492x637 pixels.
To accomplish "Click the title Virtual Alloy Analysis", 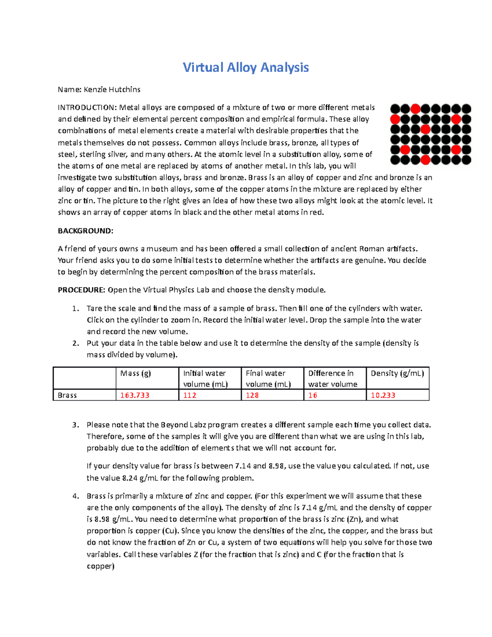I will click(246, 67).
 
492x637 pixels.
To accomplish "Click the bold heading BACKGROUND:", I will click(85, 231).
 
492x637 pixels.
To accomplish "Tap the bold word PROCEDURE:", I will click(82, 290).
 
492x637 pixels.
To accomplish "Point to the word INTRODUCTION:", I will click(87, 107).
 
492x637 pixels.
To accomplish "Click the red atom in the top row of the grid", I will click(415, 109).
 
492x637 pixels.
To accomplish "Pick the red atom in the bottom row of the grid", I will click(426, 160).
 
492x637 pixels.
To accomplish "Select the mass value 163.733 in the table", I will click(134, 395).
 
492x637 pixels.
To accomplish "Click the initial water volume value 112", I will click(190, 395).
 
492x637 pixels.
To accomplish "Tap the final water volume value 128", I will click(252, 395).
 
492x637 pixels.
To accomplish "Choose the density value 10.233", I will click(383, 395).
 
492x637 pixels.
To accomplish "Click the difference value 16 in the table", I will click(313, 395).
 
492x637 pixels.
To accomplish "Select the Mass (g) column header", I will click(136, 373).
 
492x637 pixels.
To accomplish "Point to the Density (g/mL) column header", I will click(397, 373).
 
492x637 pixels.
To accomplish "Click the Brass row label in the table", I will click(67, 395).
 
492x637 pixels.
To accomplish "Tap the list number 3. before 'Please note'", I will click(75, 425).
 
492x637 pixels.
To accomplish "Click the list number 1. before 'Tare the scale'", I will click(75, 308).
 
